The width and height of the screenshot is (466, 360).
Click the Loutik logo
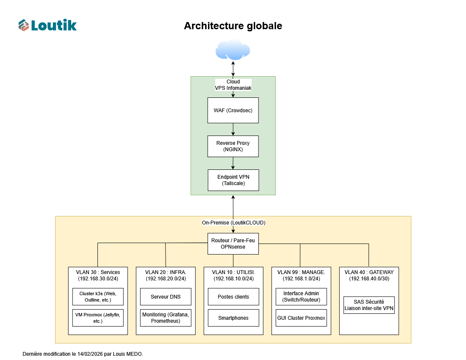point(47,25)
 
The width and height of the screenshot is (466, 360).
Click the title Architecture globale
point(233,26)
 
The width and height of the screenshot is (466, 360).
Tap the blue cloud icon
point(233,50)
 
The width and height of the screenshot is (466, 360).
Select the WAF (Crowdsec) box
point(233,111)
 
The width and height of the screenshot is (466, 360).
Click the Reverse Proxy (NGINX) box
point(233,146)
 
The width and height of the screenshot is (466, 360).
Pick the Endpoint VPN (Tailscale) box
point(233,180)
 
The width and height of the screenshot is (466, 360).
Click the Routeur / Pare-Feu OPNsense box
point(233,244)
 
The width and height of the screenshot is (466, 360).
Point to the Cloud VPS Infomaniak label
point(233,85)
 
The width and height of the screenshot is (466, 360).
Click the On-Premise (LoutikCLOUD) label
point(233,222)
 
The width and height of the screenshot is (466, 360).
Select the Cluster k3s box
point(98,296)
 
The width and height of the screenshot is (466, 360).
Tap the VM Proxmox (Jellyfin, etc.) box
point(98,318)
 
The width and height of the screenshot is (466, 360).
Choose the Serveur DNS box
point(166,296)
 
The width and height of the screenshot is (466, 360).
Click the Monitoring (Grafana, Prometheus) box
point(166,318)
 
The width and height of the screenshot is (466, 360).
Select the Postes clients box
point(233,296)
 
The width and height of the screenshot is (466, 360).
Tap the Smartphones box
point(233,318)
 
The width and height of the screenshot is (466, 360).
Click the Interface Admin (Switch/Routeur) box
point(301,296)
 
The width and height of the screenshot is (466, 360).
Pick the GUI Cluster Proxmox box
point(301,318)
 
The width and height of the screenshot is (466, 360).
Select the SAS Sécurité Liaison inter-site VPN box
point(369,305)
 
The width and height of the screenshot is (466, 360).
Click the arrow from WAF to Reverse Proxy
point(233,129)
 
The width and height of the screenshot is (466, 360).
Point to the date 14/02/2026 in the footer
point(91,354)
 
